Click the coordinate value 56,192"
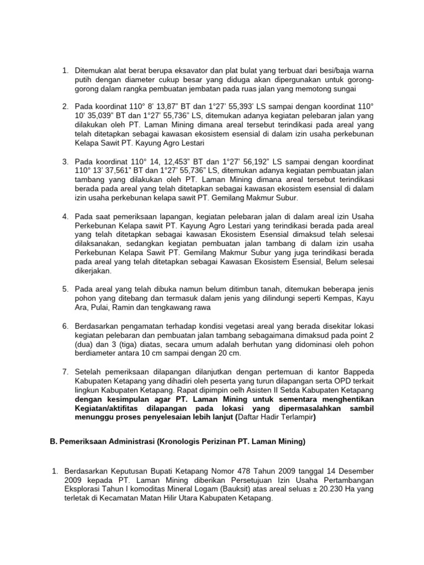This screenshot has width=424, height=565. click(266, 162)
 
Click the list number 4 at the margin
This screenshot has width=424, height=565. click(65, 216)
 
